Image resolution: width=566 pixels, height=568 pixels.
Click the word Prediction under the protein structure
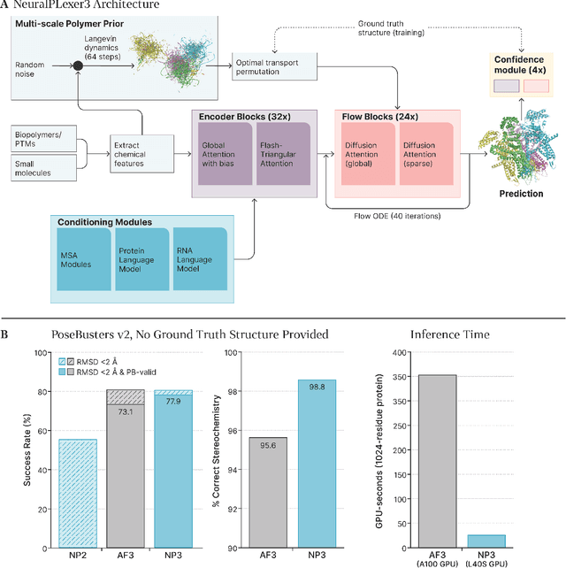pyautogui.click(x=520, y=194)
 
